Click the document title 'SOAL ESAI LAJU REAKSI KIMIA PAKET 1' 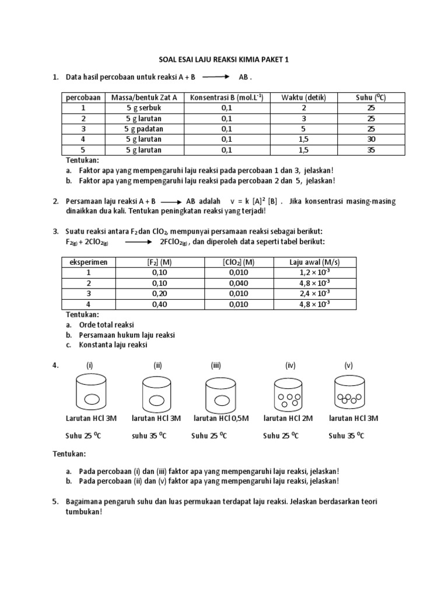[224, 59]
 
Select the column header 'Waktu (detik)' [303, 97]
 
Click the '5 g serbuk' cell [143, 108]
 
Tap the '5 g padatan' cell [143, 129]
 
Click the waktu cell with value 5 [303, 129]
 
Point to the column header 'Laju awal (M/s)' [314, 262]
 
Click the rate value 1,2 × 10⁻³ [314, 272]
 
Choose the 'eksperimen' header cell [89, 262]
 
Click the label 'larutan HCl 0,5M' [221, 418]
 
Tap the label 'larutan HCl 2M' [288, 418]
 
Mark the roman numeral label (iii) [216, 366]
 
